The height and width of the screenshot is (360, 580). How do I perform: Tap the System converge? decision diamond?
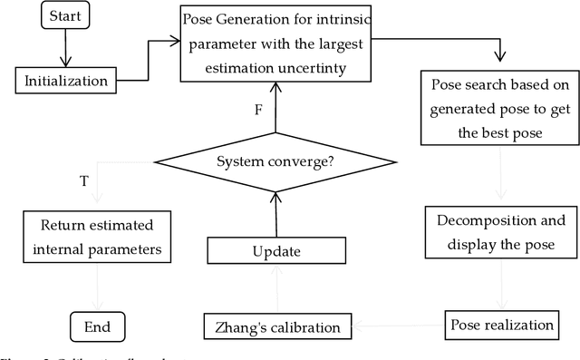[x=275, y=163]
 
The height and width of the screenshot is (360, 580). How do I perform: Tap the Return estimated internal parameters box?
[x=100, y=236]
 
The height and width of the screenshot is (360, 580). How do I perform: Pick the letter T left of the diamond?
[x=84, y=180]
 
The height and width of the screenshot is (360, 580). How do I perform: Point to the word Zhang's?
[x=237, y=325]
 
